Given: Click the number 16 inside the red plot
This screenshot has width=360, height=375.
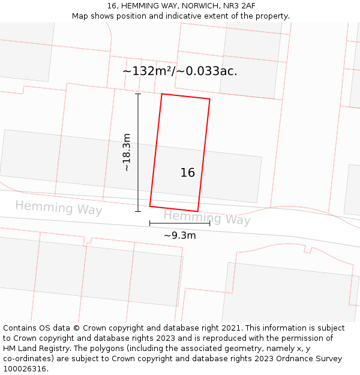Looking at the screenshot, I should pyautogui.click(x=188, y=173).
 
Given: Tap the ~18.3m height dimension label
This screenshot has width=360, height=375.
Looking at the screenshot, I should pyautogui.click(x=127, y=152).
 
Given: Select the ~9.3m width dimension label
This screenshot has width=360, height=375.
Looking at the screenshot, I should pyautogui.click(x=179, y=235).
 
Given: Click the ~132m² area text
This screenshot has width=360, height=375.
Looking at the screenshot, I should pyautogui.click(x=147, y=71).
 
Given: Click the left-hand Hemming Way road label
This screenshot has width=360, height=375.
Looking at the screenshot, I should pyautogui.click(x=59, y=208).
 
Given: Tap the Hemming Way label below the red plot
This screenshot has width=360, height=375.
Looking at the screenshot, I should pyautogui.click(x=207, y=218).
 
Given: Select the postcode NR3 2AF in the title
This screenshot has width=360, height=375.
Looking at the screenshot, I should pyautogui.click(x=239, y=6).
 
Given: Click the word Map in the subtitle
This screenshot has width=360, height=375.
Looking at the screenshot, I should pyautogui.click(x=80, y=16).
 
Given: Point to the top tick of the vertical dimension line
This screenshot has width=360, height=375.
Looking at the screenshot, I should pyautogui.click(x=138, y=94).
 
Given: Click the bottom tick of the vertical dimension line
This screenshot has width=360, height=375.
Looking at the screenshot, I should pyautogui.click(x=138, y=211).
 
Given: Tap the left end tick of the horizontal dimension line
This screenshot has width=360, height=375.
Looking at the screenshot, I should pyautogui.click(x=150, y=223).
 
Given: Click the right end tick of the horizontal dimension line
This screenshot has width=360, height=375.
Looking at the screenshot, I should pyautogui.click(x=210, y=223).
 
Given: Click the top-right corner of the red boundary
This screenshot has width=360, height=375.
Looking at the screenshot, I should pyautogui.click(x=210, y=99).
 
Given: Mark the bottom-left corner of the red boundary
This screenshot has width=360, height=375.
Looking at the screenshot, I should pyautogui.click(x=150, y=206).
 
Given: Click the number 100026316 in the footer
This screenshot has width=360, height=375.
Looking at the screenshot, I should pyautogui.click(x=23, y=369).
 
